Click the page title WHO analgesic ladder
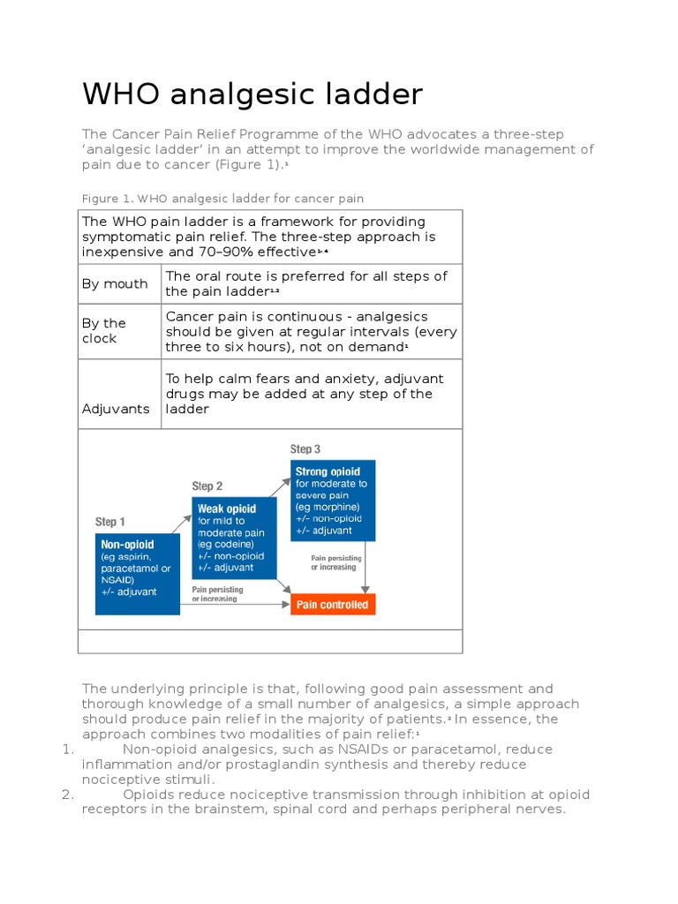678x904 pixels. pyautogui.click(x=252, y=94)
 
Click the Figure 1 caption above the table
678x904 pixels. pyautogui.click(x=222, y=199)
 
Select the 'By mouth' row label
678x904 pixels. pyautogui.click(x=115, y=284)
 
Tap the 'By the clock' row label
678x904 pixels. pyautogui.click(x=104, y=331)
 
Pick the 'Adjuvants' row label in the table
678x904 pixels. pyautogui.click(x=116, y=410)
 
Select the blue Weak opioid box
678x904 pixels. pyautogui.click(x=234, y=539)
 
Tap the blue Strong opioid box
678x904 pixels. pyautogui.click(x=333, y=501)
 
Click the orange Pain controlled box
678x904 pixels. pyautogui.click(x=333, y=605)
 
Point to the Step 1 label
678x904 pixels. pyautogui.click(x=110, y=522)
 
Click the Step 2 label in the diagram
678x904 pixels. pyautogui.click(x=207, y=486)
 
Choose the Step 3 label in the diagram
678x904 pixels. pyautogui.click(x=305, y=449)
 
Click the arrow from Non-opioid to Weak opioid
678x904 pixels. pyautogui.click(x=181, y=523)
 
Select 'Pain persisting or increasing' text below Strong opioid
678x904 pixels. pyautogui.click(x=335, y=562)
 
